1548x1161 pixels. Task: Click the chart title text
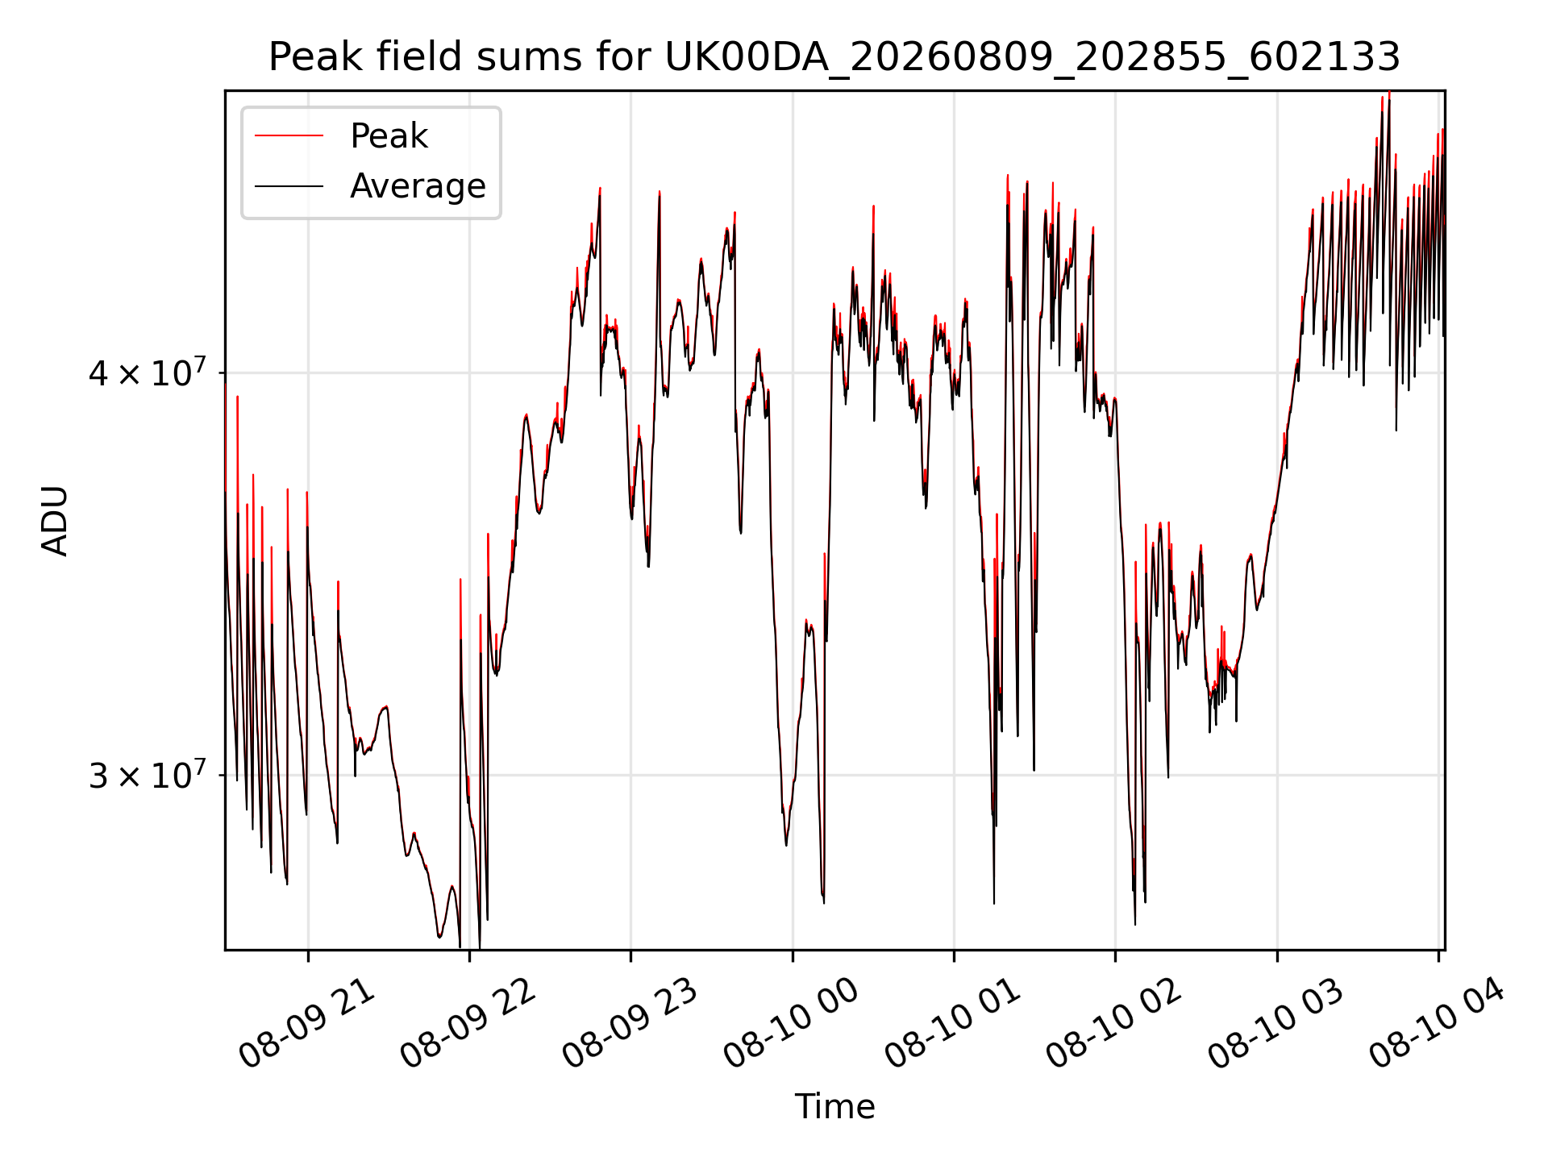(x=834, y=57)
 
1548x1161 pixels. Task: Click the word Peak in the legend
(x=389, y=136)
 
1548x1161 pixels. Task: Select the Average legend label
(x=418, y=186)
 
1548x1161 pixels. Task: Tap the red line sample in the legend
(x=289, y=136)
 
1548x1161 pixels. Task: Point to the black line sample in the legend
(x=289, y=186)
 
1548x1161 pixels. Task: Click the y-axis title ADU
(x=56, y=521)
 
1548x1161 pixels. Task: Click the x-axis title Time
(x=834, y=1107)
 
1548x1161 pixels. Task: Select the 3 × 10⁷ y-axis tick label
(x=148, y=774)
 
